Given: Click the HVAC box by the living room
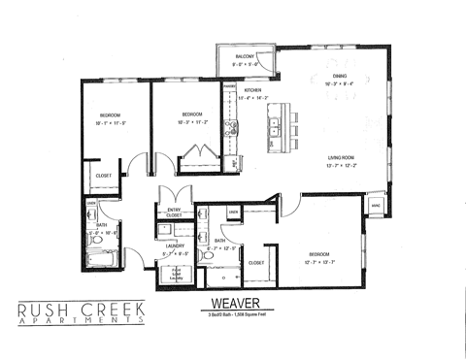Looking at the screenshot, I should click(x=375, y=206).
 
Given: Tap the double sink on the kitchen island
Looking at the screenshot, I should click(x=276, y=123).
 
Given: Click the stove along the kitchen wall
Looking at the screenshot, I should click(x=230, y=128).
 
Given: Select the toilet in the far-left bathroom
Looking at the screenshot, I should click(x=88, y=213).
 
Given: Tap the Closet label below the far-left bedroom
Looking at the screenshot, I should click(x=102, y=177).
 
